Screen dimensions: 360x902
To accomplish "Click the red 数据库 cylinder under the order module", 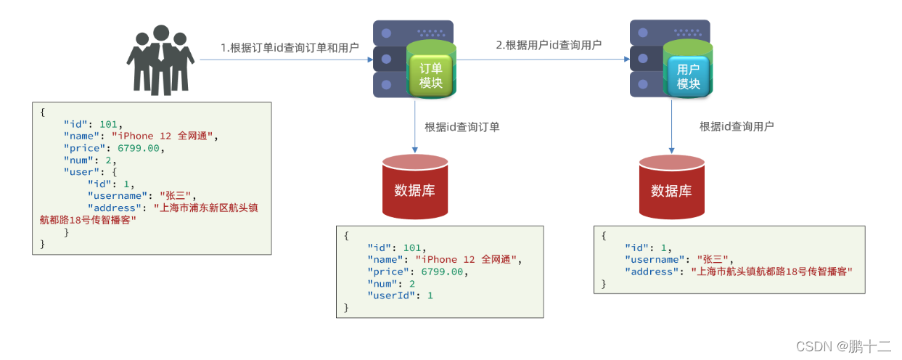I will tap(415, 187).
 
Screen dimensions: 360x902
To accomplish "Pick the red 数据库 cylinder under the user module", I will tap(671, 187).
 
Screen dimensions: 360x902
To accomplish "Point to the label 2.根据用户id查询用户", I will tap(549, 45).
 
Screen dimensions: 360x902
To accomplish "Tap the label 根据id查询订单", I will tap(462, 127).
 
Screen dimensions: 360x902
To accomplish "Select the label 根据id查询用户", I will tap(737, 126).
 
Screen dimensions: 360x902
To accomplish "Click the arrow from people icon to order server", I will tap(283, 61).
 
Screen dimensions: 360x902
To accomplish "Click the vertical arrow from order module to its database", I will tap(415, 126).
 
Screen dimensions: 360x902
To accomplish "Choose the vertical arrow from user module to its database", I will tap(671, 126).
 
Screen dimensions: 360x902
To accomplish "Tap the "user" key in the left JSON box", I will tap(79, 172).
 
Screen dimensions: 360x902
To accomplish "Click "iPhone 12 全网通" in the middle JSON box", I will tap(467, 259).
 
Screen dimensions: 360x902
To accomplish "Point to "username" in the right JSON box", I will tap(657, 259).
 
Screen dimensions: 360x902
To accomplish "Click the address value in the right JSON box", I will tap(771, 271).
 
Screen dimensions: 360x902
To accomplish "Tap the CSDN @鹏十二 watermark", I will tap(843, 346).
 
